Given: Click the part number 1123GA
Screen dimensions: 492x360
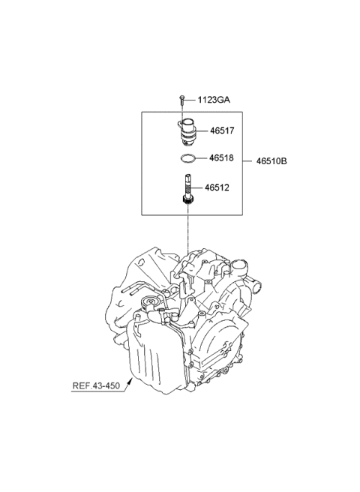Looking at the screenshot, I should coord(214,99).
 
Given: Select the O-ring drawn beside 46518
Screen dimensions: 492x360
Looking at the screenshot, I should coord(188,158).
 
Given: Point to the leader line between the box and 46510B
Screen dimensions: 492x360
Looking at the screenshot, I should coord(250,160).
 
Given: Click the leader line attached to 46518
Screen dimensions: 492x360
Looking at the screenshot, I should coord(202,158).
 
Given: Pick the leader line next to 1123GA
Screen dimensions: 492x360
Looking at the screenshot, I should coord(191,99).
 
